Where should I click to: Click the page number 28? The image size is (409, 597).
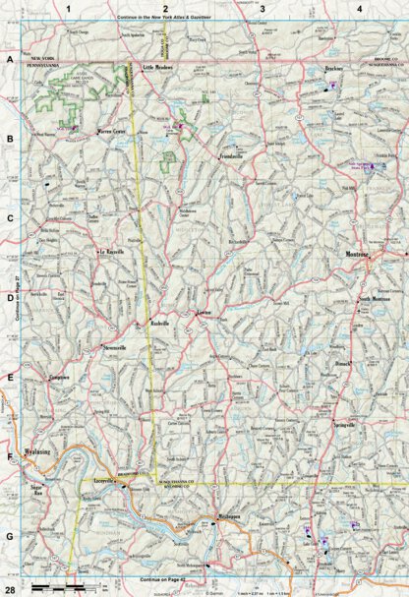[9, 587]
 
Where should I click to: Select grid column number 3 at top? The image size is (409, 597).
[263, 9]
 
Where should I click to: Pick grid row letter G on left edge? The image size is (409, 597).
[10, 536]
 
